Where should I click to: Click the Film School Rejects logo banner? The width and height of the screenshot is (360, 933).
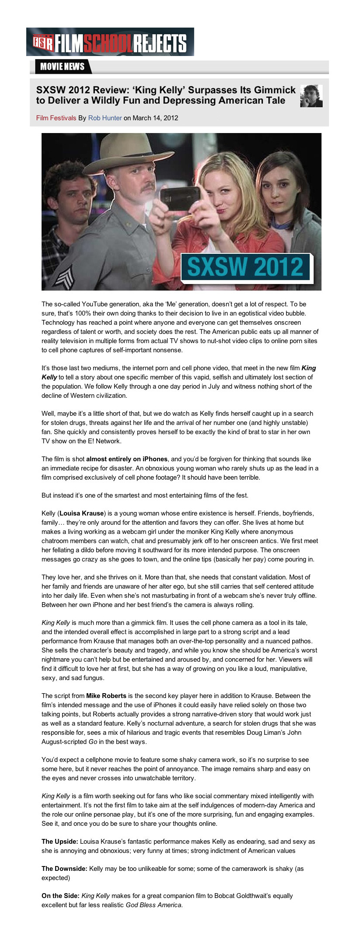tap(110, 42)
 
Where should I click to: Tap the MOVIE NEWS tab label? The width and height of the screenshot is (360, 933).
tap(62, 67)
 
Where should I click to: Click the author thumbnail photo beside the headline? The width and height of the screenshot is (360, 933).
tap(311, 96)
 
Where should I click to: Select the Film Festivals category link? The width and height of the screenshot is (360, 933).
tap(56, 118)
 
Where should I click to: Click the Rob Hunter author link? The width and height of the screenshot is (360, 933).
tap(105, 118)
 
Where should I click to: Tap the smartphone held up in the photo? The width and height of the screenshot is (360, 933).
tap(180, 201)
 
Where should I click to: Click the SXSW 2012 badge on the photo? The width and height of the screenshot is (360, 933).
tap(245, 267)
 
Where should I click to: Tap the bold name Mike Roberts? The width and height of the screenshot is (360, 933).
tap(106, 696)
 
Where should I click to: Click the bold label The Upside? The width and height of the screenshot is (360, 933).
tap(60, 842)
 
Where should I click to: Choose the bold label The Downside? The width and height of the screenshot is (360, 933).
tap(64, 869)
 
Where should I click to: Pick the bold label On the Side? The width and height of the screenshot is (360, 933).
tap(60, 896)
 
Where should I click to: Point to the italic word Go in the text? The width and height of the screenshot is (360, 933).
tap(93, 742)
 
